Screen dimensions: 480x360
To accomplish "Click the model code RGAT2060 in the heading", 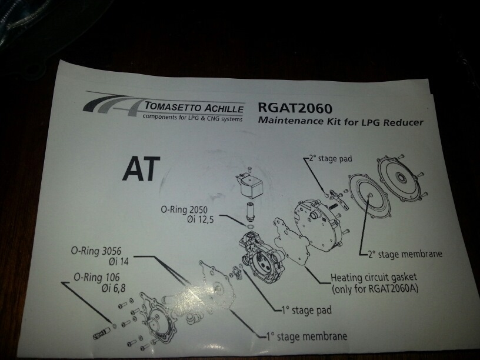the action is point(295,108).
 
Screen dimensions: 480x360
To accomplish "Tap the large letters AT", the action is point(141,169).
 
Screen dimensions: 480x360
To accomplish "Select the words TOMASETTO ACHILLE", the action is point(194,107).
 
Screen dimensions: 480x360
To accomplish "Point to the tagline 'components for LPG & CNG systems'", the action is point(192,118).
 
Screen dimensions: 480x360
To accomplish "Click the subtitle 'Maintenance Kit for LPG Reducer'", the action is point(341,121).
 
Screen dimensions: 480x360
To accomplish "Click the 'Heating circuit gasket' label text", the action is point(374,278).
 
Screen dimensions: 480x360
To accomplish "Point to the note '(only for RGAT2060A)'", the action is point(375,289).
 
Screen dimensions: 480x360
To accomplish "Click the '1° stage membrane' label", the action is point(306,336).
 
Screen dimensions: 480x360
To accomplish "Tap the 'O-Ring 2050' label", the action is point(184,209).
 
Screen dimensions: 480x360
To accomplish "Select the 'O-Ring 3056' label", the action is point(96,251).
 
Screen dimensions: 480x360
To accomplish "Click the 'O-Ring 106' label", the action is point(96,277).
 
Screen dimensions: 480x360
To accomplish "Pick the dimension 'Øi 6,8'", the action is point(114,288).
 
